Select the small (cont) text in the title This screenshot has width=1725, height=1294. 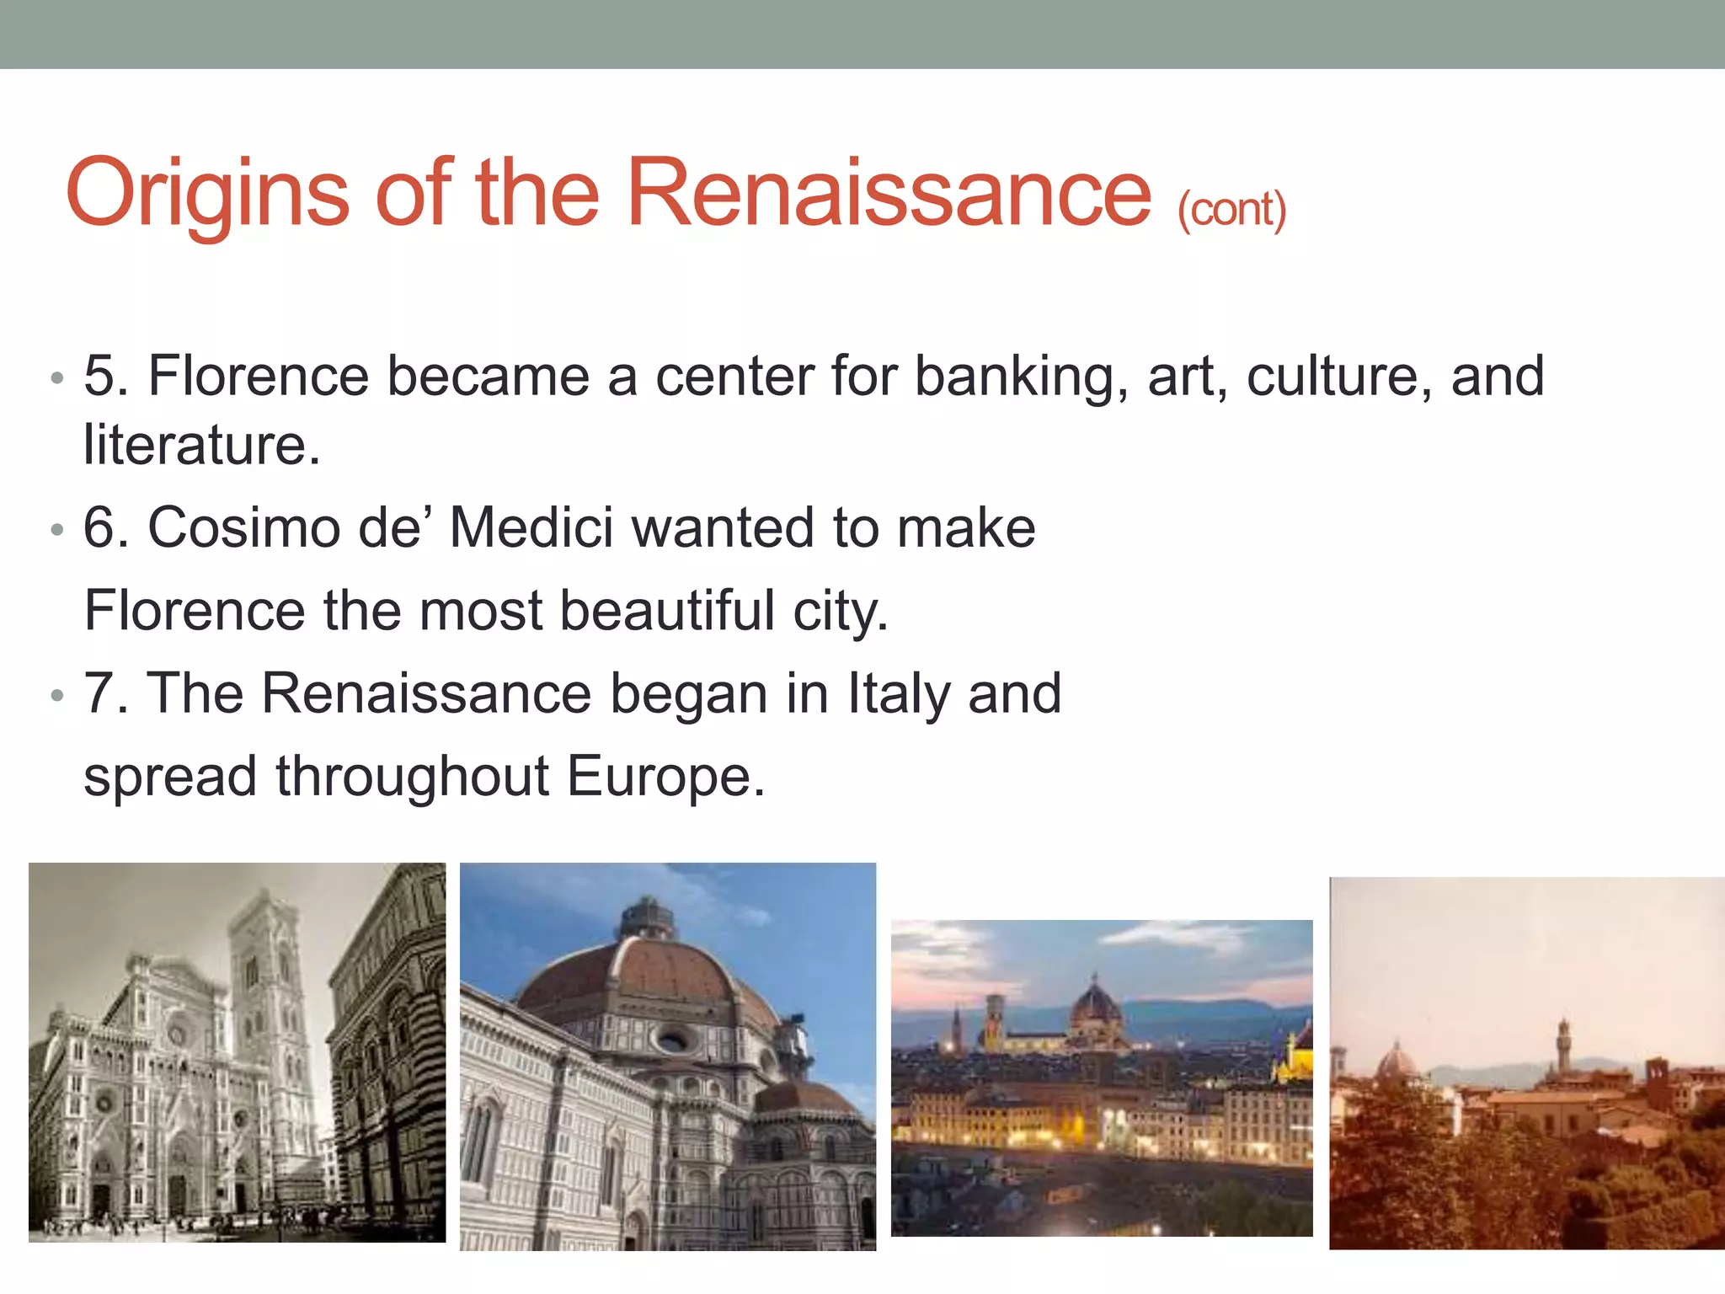point(1231,209)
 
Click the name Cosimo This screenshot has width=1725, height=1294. point(243,528)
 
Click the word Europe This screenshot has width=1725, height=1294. point(665,776)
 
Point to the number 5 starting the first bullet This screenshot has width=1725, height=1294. point(105,376)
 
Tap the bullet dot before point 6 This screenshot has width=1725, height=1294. point(56,530)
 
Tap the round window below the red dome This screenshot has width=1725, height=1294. point(671,1041)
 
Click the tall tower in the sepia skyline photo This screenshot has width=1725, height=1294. point(1563,1045)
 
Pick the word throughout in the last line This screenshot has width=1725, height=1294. point(412,776)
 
